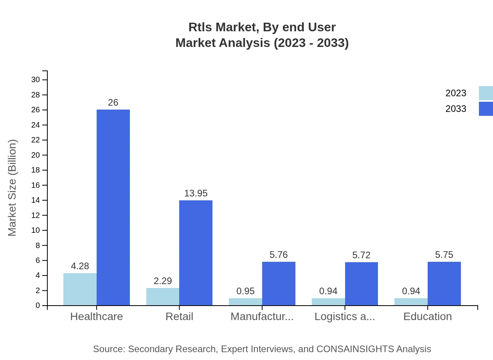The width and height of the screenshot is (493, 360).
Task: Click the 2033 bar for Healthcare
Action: pyautogui.click(x=113, y=207)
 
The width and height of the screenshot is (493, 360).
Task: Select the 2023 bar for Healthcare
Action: pyautogui.click(x=80, y=289)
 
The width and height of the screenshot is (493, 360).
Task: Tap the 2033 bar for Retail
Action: pyautogui.click(x=196, y=253)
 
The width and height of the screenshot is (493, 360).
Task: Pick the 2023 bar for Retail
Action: pyautogui.click(x=163, y=297)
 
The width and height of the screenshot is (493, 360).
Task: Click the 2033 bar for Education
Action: pyautogui.click(x=444, y=284)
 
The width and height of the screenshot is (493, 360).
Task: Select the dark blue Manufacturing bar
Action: pyautogui.click(x=279, y=284)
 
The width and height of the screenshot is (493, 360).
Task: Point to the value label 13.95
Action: pyautogui.click(x=196, y=193)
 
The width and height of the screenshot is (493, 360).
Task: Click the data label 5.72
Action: pyautogui.click(x=361, y=255)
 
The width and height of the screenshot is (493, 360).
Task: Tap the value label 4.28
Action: pyautogui.click(x=80, y=266)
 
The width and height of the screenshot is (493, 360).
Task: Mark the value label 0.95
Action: pyautogui.click(x=245, y=291)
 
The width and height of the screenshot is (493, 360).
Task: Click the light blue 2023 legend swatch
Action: pyautogui.click(x=486, y=93)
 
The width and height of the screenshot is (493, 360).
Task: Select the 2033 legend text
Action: pyautogui.click(x=455, y=109)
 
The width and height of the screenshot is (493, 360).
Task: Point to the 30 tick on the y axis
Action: pyautogui.click(x=36, y=80)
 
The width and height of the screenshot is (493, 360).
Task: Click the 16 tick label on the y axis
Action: pyautogui.click(x=36, y=185)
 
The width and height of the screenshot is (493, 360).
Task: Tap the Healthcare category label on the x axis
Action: pyautogui.click(x=96, y=316)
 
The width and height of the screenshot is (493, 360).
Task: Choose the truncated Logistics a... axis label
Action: pyautogui.click(x=345, y=316)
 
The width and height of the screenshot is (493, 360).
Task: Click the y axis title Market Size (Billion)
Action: pyautogui.click(x=13, y=188)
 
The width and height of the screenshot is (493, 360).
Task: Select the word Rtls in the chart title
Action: pyautogui.click(x=200, y=27)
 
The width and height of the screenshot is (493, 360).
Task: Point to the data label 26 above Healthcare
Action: pyautogui.click(x=113, y=103)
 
